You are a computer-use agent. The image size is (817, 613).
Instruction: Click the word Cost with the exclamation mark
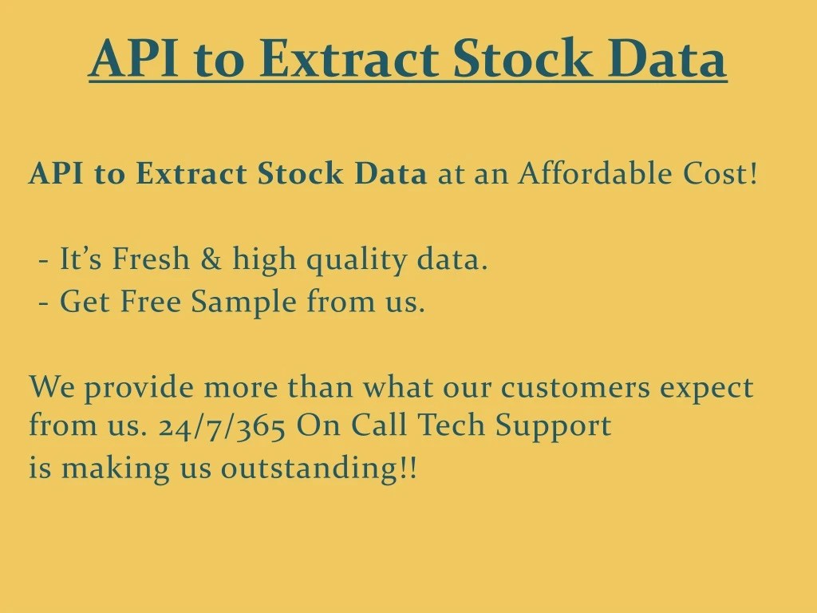(x=720, y=173)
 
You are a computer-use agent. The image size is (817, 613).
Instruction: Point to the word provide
(x=139, y=389)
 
